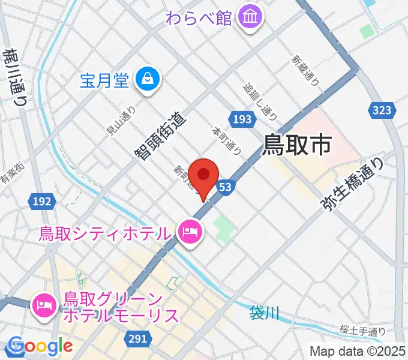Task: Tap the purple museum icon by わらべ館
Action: tap(248, 17)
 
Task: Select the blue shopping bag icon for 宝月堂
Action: tap(146, 79)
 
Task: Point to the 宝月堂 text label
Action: tap(104, 80)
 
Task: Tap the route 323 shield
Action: tap(382, 110)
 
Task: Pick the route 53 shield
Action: tap(225, 187)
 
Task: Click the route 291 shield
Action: tap(137, 339)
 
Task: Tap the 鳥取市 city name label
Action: tap(298, 144)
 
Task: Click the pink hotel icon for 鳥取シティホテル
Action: tap(190, 231)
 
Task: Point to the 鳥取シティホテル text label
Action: tap(106, 232)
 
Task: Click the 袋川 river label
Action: tap(264, 313)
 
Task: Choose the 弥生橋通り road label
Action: tap(352, 184)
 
